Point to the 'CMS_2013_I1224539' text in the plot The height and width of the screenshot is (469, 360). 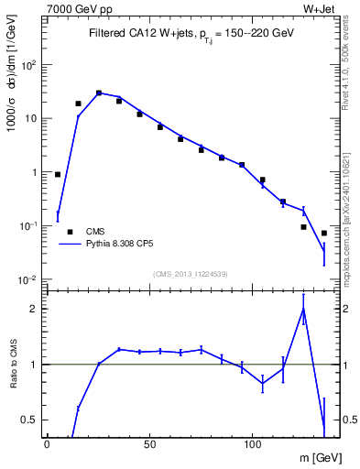(191, 274)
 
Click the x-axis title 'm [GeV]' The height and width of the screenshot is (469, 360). (317, 457)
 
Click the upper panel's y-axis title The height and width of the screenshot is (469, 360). (13, 92)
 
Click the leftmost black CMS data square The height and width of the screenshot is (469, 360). (58, 174)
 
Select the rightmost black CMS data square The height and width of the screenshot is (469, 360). (324, 233)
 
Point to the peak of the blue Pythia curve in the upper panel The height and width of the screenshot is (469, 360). (99, 93)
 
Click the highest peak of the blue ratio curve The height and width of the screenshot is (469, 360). (303, 309)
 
